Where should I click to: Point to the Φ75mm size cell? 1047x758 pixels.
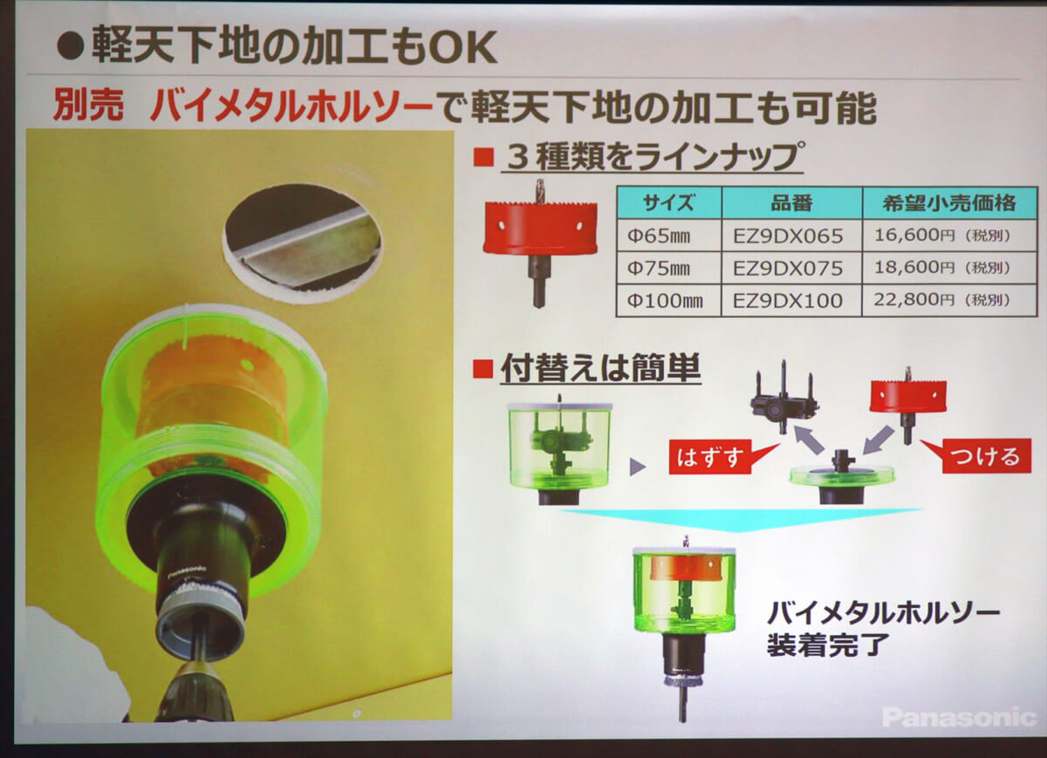669,268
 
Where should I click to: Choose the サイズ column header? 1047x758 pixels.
669,203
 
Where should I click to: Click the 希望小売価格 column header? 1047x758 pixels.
950,202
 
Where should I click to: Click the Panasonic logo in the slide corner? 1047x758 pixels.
959,717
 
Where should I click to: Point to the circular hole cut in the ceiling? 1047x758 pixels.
302,243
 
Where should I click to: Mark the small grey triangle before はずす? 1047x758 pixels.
637,467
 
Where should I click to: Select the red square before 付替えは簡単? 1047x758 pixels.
482,368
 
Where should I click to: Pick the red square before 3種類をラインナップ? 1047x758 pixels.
483,157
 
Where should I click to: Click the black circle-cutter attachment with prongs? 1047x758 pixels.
784,398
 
